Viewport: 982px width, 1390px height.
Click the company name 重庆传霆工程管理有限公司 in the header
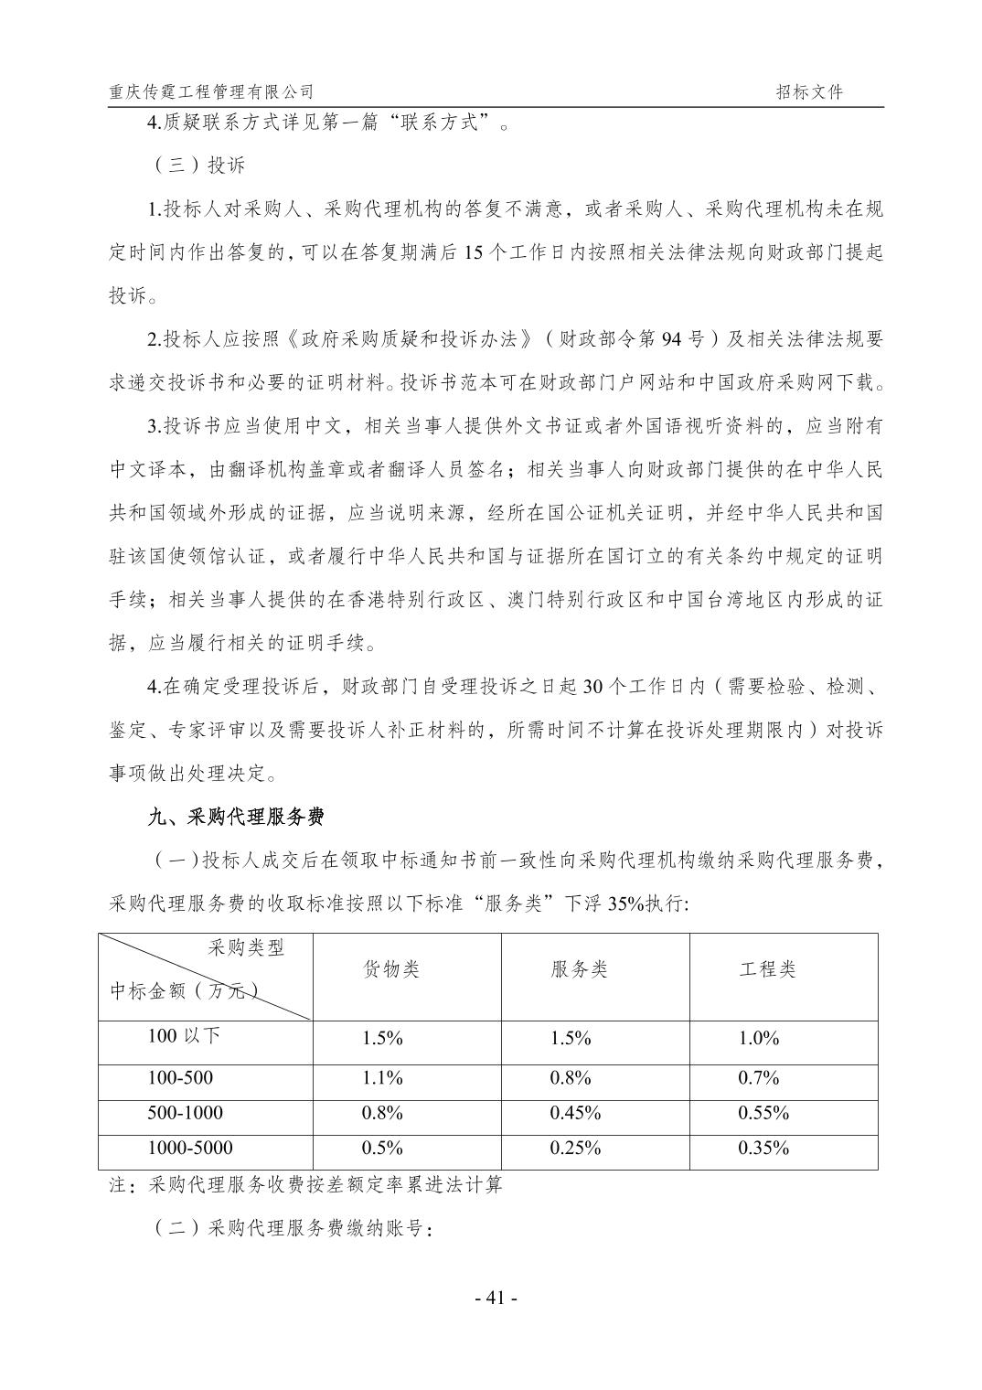coord(211,91)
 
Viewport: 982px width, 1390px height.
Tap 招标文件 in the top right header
coord(809,91)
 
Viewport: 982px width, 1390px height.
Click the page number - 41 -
coord(491,1298)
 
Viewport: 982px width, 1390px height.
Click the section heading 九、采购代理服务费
coord(236,817)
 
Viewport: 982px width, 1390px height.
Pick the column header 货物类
coord(391,969)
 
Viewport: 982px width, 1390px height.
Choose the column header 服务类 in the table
coord(579,969)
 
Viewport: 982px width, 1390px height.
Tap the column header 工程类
coord(767,969)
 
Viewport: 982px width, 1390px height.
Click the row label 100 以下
coord(184,1036)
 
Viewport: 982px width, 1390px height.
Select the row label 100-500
coord(180,1078)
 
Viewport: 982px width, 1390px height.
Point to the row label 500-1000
coord(185,1113)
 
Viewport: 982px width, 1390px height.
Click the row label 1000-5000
coord(190,1148)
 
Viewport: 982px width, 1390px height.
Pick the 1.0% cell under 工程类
coord(758,1038)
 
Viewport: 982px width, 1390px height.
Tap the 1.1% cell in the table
coord(382,1078)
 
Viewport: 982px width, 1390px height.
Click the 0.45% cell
coord(575,1113)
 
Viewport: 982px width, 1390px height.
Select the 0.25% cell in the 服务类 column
coord(575,1148)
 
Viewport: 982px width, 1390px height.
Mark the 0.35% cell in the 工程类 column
coord(763,1148)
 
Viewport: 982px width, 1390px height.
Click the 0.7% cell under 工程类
coord(758,1078)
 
